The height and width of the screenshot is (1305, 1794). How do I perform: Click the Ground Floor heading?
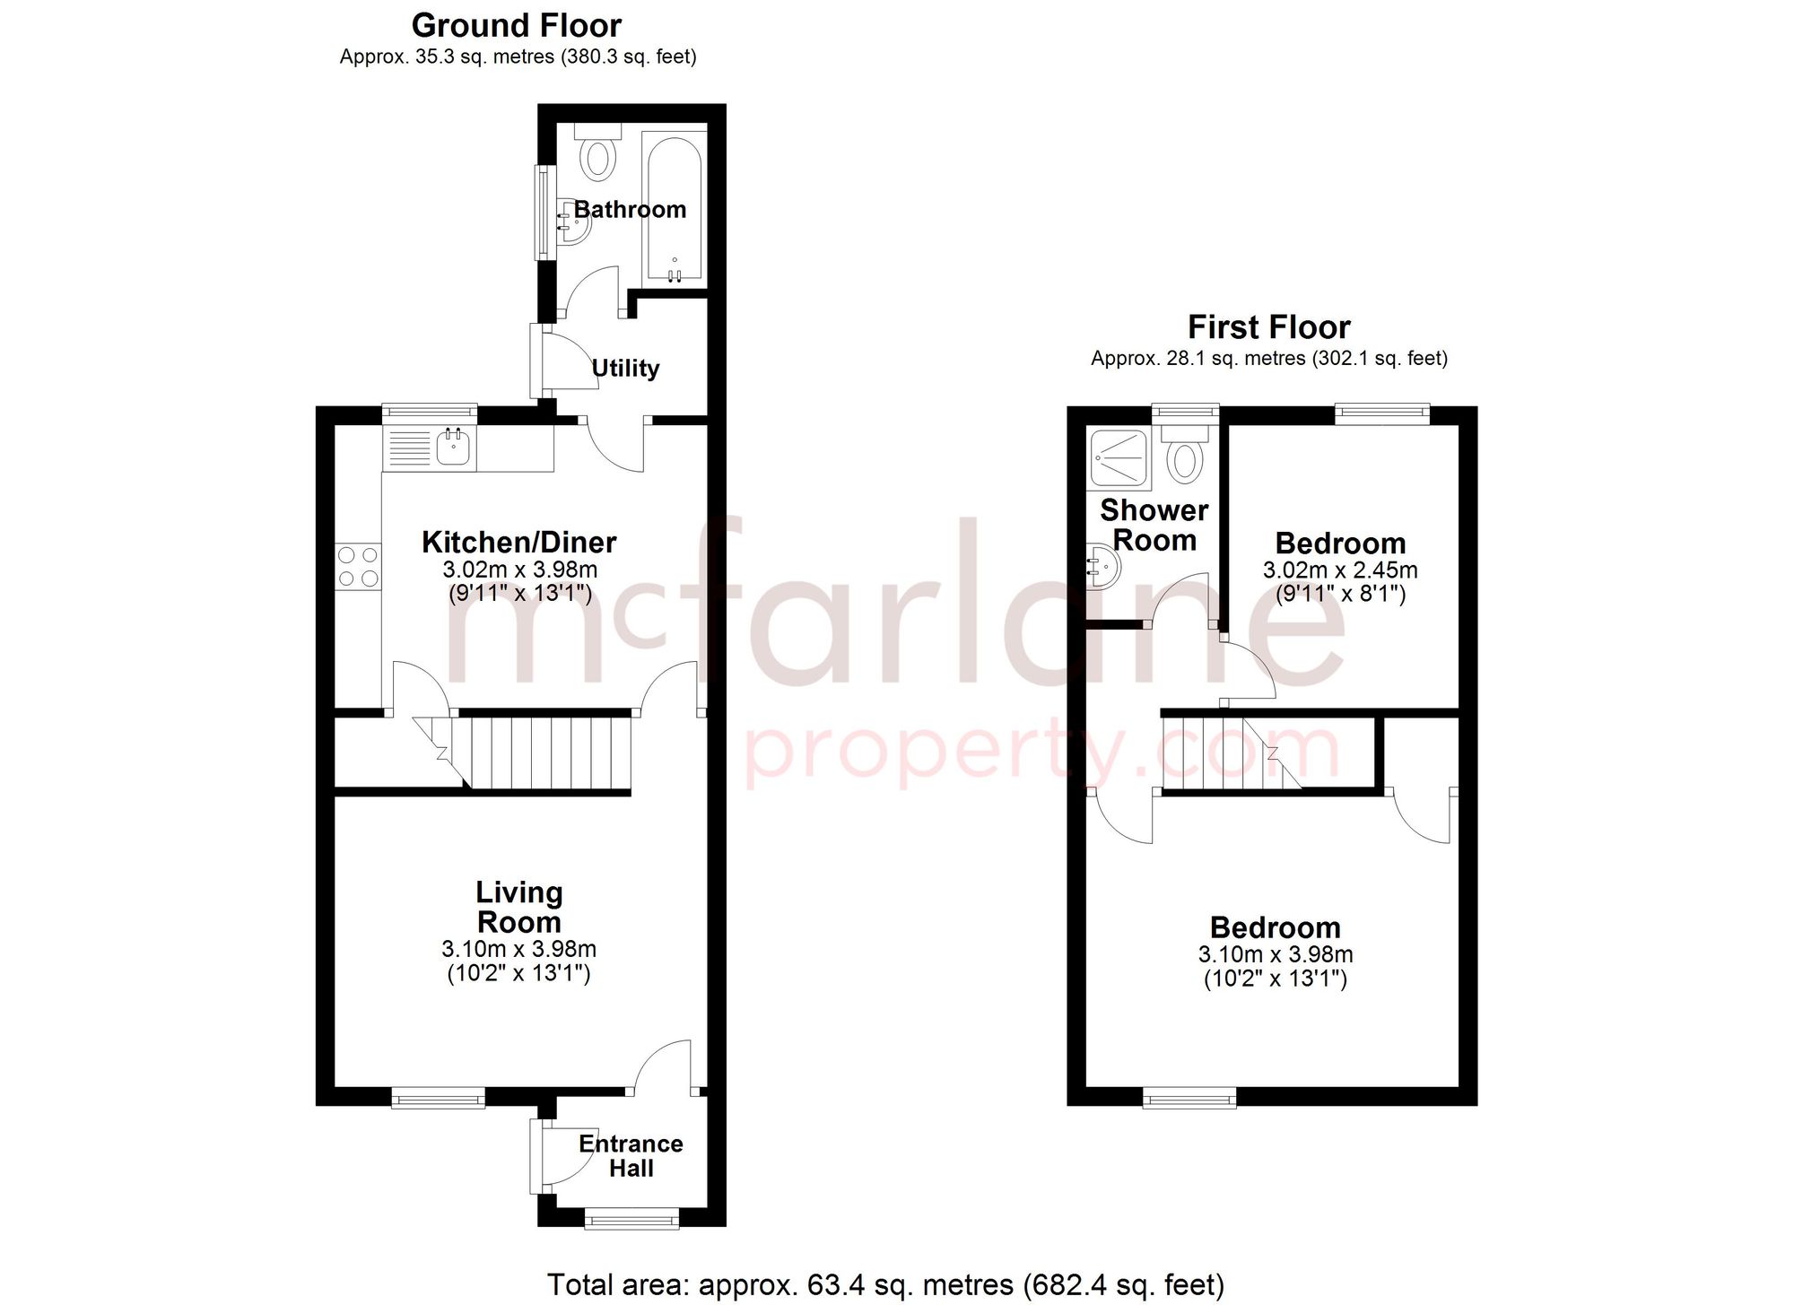point(516,25)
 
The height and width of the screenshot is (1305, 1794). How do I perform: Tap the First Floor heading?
point(1268,327)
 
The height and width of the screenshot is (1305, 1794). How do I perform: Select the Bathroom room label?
point(630,210)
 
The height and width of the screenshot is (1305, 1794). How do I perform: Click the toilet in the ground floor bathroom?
point(597,157)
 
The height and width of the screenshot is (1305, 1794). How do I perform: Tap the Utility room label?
point(625,369)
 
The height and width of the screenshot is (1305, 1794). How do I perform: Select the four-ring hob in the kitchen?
point(358,567)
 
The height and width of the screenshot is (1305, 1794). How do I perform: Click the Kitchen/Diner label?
point(518,543)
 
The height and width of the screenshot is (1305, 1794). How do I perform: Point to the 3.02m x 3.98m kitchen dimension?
point(519,570)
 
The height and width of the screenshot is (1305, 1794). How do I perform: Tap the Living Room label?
point(519,907)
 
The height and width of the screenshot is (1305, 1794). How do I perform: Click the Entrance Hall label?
point(631,1156)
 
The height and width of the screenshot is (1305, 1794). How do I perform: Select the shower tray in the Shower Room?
point(1118,458)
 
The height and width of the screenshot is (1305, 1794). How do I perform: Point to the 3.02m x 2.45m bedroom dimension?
point(1340,570)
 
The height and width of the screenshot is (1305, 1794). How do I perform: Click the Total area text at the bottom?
point(885,1284)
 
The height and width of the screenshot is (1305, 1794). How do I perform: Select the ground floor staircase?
point(538,752)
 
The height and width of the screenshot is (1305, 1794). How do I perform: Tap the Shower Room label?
point(1154,525)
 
